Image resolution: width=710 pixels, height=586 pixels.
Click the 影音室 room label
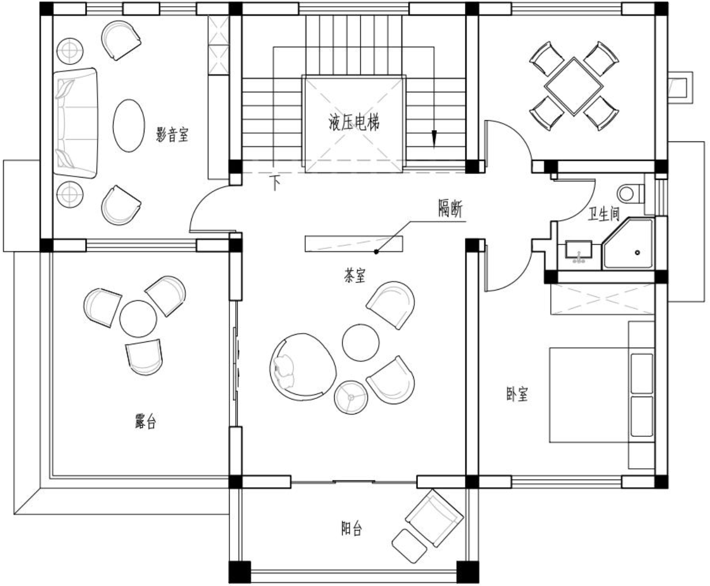172,134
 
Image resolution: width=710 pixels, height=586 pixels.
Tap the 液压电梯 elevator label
354,122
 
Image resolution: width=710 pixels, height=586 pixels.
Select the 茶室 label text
355,275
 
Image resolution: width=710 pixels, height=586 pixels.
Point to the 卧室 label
517,394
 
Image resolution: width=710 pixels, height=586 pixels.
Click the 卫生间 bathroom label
603,214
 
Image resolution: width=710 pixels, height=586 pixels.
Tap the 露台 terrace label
145,422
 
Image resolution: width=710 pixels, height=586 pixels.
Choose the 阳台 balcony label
352,529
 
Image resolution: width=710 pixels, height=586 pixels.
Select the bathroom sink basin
579,249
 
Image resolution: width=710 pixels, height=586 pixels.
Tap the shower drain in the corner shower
637,252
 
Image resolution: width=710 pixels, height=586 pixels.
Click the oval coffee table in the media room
129,125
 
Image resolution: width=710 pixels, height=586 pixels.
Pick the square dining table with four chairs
574,87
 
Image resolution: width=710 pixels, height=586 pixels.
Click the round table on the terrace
138,319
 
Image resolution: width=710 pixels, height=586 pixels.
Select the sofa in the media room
76,123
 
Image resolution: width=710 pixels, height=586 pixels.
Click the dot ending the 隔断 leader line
376,252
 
